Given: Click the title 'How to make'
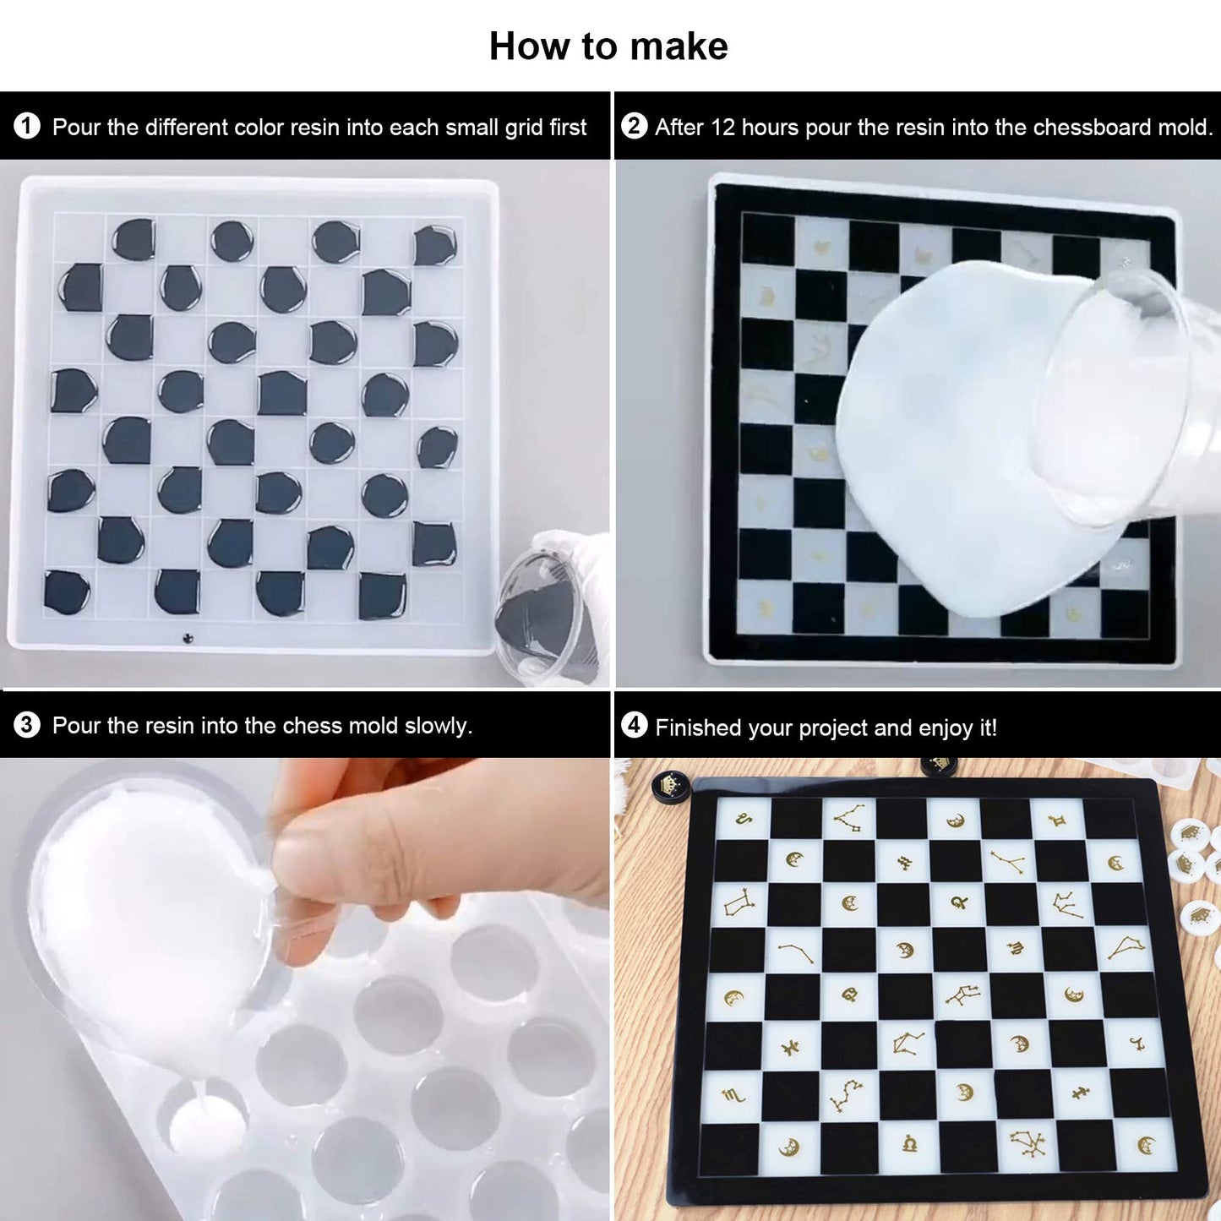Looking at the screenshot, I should pos(608,46).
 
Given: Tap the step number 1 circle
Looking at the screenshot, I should pos(27,127).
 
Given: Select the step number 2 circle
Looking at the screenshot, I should pos(634,126).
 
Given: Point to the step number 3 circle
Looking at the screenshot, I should pos(27,725).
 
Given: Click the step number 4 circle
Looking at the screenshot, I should pos(634,725).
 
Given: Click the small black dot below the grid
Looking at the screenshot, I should pos(188,638).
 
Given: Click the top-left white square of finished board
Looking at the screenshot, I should pos(744,818).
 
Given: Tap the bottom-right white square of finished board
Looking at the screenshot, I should pos(1147,1144).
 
